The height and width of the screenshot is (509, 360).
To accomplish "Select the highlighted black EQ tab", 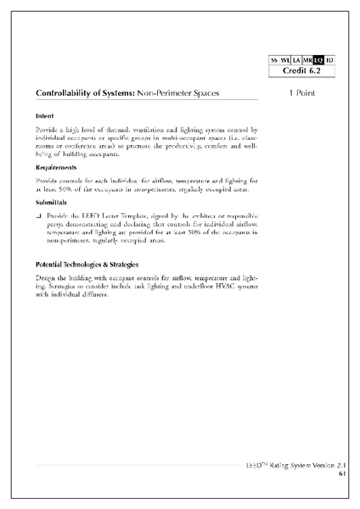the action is [x=318, y=60].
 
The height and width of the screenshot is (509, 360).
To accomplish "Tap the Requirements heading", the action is [x=58, y=167].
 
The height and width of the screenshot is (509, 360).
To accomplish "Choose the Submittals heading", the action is [x=53, y=204].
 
